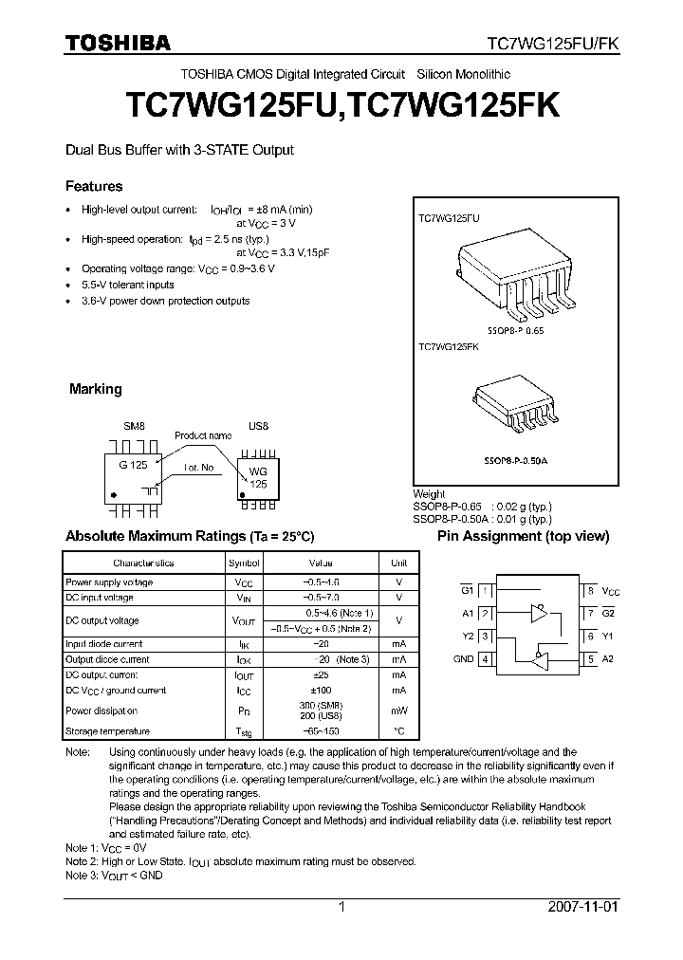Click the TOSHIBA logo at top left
118,43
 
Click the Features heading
93,187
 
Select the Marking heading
96,389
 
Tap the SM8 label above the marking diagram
135,426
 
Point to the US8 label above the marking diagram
258,426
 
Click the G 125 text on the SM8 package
132,466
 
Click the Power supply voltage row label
109,582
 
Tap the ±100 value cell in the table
321,691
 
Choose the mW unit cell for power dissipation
398,711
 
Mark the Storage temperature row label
107,731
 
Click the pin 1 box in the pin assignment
485,590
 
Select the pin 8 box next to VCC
590,590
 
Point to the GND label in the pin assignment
463,659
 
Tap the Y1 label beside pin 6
609,637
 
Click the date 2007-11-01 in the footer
582,907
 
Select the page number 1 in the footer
341,907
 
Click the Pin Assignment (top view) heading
523,536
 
